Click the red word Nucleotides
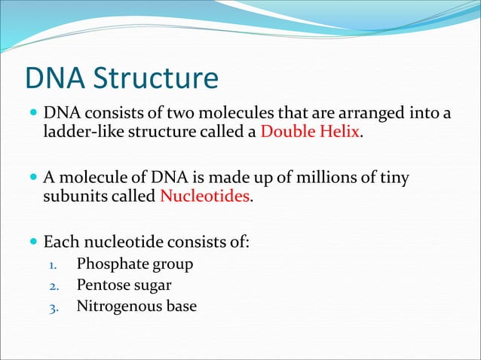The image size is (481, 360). point(204,197)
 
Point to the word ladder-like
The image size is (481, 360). point(77,133)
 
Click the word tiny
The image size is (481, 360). point(394,178)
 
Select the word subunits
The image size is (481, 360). point(73,197)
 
